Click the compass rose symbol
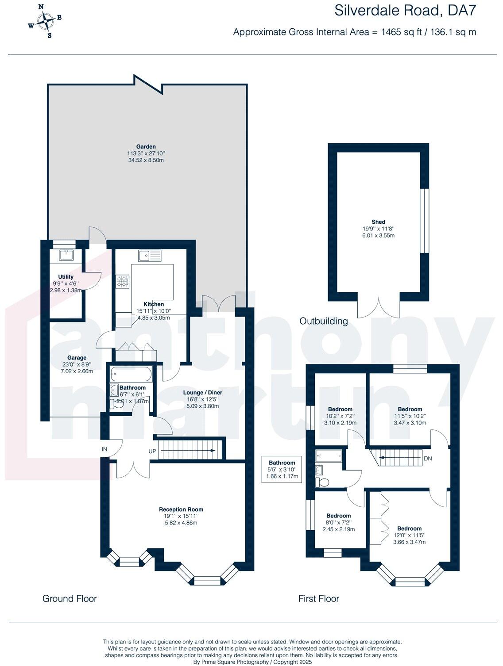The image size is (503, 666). click(45, 20)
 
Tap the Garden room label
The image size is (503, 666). click(146, 147)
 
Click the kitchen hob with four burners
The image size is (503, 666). click(122, 281)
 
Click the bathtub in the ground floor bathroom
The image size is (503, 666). click(131, 374)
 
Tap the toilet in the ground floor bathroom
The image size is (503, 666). click(117, 404)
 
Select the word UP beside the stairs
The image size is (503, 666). click(152, 452)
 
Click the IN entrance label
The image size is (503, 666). click(104, 449)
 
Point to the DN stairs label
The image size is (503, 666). click(427, 459)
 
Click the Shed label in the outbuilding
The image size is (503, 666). click(378, 222)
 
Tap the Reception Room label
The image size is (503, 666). click(181, 509)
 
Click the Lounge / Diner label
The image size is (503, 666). click(203, 393)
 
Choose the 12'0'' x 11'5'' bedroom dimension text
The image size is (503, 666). click(409, 536)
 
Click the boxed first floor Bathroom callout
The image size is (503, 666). click(282, 470)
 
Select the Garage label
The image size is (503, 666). click(77, 358)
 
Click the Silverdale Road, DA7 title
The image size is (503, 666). click(405, 11)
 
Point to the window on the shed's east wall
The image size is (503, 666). click(424, 221)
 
